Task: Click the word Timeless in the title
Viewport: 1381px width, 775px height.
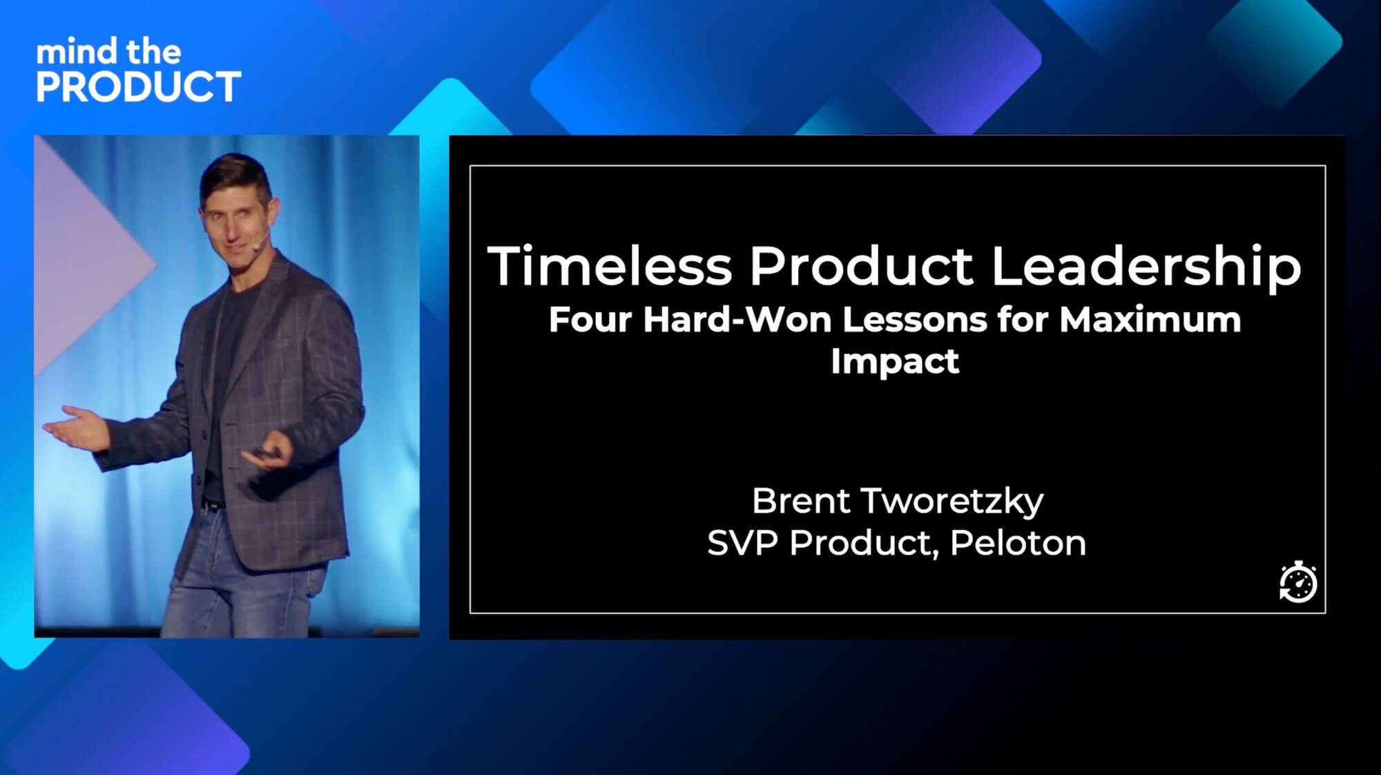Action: [x=610, y=267]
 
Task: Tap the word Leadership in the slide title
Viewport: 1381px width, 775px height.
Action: [x=1146, y=267]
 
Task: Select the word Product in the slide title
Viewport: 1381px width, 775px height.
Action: [x=862, y=267]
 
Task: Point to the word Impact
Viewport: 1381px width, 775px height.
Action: [x=895, y=361]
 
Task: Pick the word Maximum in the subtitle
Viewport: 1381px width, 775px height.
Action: [x=1150, y=320]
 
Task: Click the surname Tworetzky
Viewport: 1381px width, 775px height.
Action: [x=952, y=501]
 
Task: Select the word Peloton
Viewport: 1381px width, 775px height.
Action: [x=1017, y=543]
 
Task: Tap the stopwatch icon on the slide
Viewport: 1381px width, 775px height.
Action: [x=1298, y=582]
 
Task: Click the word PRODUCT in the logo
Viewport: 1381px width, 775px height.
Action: [x=139, y=87]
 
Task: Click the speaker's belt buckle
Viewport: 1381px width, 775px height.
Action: [x=210, y=506]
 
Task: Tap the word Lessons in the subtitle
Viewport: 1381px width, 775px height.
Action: [x=914, y=320]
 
